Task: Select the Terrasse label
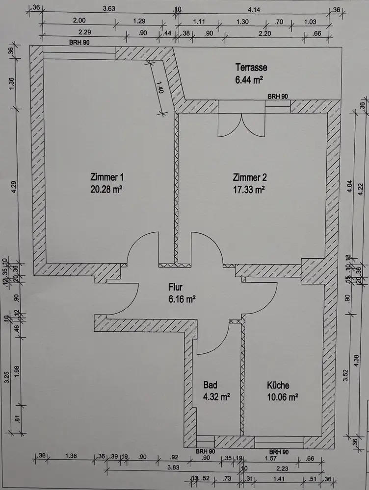(251, 67)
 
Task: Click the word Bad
(211, 385)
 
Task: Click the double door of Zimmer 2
(241, 126)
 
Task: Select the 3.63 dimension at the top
(108, 8)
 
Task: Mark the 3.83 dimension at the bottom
(172, 467)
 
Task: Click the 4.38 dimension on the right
(356, 360)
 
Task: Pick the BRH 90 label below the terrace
(278, 97)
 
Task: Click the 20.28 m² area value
(105, 189)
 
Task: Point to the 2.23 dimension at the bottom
(283, 467)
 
